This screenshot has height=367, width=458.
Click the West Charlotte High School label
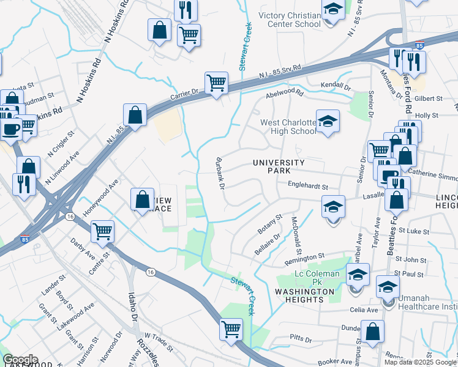[288, 127]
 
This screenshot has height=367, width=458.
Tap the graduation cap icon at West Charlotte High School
[328, 120]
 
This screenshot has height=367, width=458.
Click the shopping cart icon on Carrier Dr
[216, 83]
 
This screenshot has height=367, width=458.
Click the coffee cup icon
[10, 129]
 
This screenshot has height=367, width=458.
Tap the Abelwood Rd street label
[284, 94]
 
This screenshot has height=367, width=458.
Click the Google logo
[20, 359]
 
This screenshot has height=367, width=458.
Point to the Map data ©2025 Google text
[420, 362]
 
